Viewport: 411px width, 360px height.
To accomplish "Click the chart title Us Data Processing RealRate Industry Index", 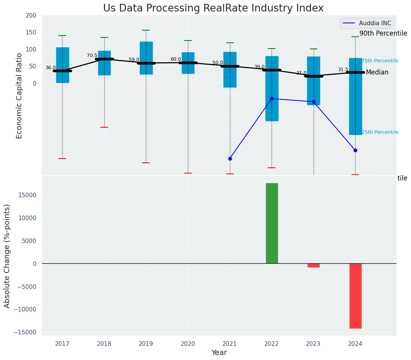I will click(213, 8).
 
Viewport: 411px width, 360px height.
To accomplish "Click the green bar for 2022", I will click(272, 223).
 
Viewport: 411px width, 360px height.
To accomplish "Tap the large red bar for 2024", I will click(355, 296).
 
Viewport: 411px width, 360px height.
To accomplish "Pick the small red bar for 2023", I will click(314, 265).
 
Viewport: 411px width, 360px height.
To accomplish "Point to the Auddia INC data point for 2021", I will click(230, 159).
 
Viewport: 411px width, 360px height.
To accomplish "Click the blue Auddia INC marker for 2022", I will click(272, 99).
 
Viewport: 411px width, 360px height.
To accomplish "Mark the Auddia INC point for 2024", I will click(355, 150).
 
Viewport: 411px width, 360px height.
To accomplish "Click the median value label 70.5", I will click(92, 55).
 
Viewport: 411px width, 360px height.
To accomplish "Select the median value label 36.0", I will click(50, 68).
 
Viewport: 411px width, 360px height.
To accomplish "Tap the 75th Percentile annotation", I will click(380, 61).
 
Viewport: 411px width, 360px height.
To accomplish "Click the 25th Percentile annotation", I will click(380, 132).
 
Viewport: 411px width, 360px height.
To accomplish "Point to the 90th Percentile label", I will click(383, 33).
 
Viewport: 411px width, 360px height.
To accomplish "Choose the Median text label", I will click(377, 73).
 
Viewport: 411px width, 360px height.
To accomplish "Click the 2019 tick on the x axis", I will click(146, 344).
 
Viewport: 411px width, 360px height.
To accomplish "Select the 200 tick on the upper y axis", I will click(31, 16).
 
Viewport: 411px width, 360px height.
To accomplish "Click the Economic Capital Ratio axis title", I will click(19, 96).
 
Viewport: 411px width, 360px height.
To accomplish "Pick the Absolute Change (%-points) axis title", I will click(7, 256).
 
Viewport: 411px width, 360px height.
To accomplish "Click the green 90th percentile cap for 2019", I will click(146, 30).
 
